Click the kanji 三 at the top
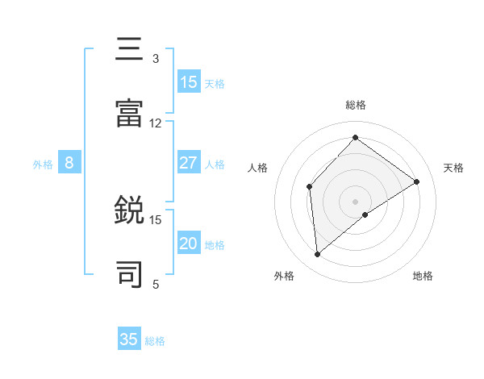pos(130,49)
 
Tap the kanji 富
pos(130,115)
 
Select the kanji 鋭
pos(130,210)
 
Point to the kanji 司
pos(130,275)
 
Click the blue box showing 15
pos(189,82)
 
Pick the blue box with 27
pos(189,163)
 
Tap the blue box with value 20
pos(189,244)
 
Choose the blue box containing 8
pos(69,163)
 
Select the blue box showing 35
pos(129,339)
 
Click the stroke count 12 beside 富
pos(156,123)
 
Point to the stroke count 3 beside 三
pos(156,59)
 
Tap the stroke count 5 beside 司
pos(156,284)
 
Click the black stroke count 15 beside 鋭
pos(156,219)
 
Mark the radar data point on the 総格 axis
pos(355,138)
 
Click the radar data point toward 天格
pos(417,181)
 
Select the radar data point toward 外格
pos(318,255)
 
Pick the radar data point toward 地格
pos(365,214)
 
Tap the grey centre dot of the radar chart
pos(355,201)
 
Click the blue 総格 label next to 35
pos(155,341)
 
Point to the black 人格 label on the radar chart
pos(258,168)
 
